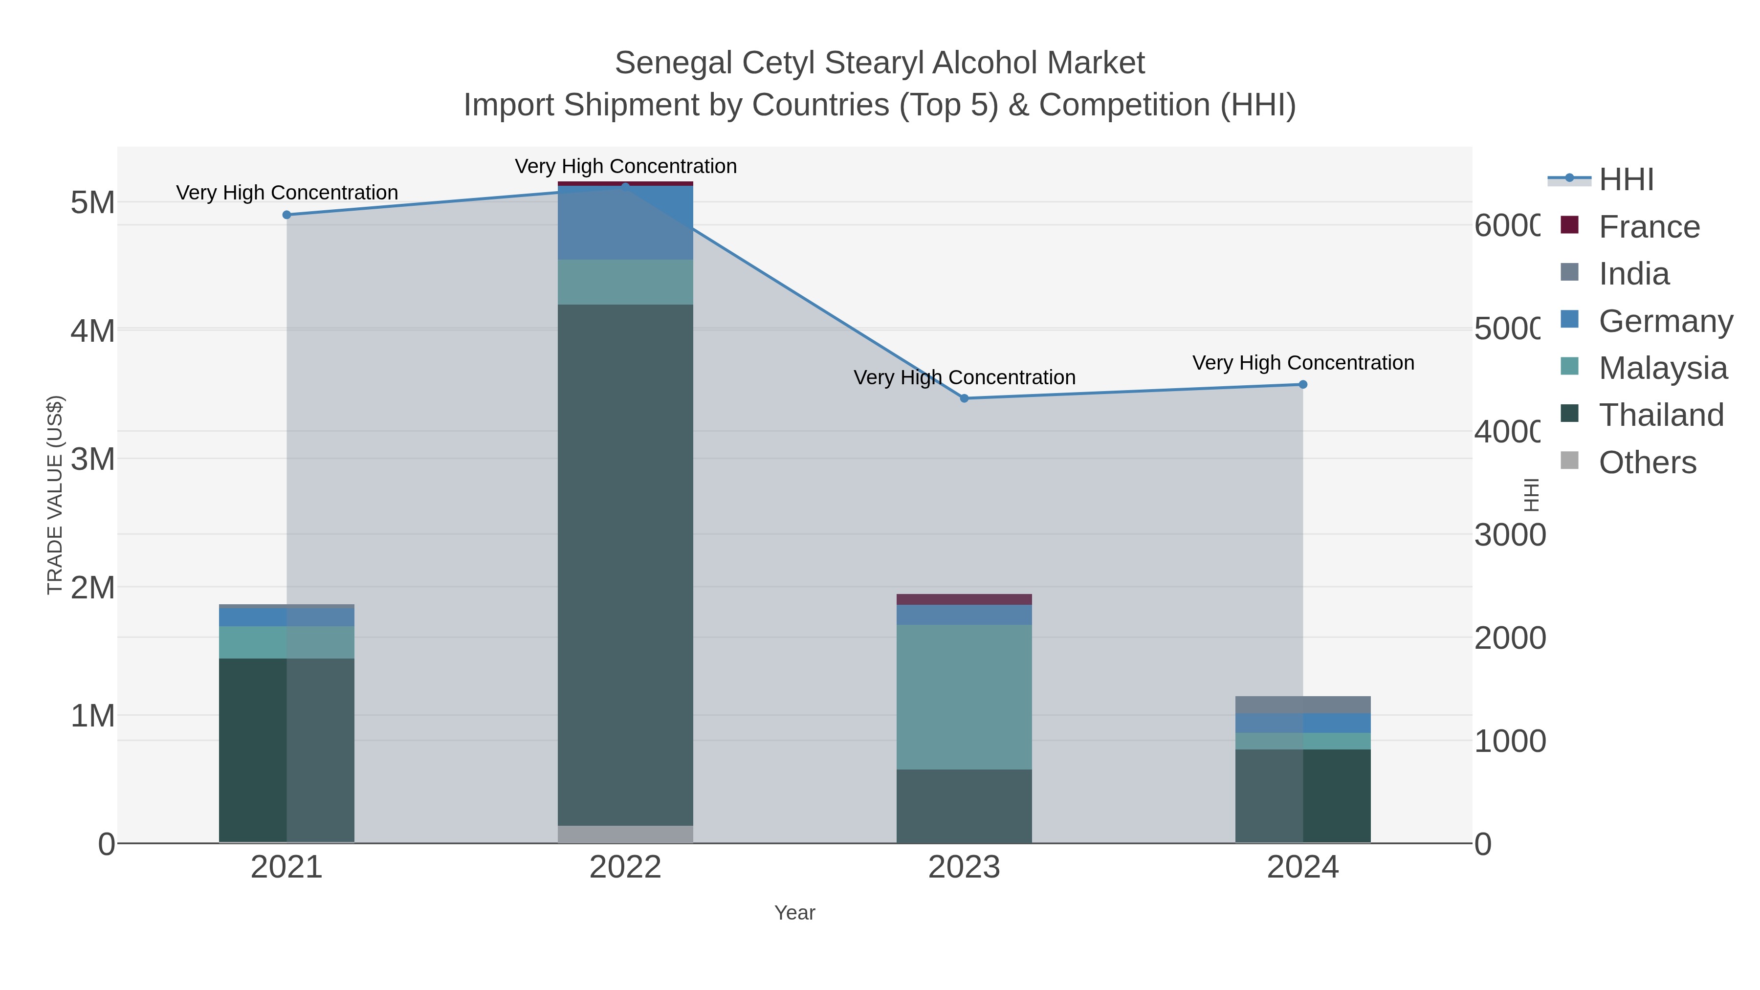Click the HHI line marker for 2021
click(287, 215)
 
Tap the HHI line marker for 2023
click(964, 398)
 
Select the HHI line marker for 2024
click(1302, 385)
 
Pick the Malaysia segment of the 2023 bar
click(964, 697)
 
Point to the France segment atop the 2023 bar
click(964, 599)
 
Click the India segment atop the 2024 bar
click(1302, 704)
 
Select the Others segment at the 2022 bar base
click(625, 834)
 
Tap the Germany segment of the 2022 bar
click(625, 223)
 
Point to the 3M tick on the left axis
click(93, 459)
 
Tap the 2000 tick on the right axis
click(1509, 638)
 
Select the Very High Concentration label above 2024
click(1303, 363)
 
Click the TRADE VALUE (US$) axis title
click(55, 495)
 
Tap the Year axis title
click(794, 913)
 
